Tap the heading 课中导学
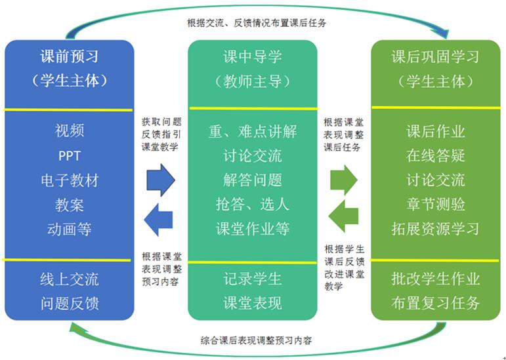[253, 57]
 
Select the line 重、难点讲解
[253, 130]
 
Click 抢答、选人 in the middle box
[253, 205]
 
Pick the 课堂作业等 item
[253, 230]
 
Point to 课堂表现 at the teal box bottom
[253, 303]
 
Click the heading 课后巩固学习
[435, 57]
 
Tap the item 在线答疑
[435, 155]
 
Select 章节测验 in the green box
[435, 205]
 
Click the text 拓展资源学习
[435, 230]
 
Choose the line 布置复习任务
[435, 303]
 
